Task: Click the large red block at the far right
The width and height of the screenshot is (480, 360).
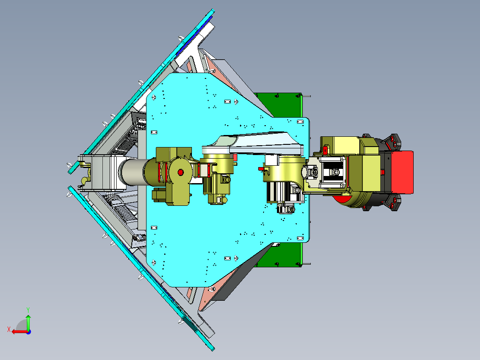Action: [402, 172]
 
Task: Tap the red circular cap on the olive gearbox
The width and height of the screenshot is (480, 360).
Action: [181, 172]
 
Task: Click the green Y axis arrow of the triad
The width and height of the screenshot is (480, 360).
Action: [28, 322]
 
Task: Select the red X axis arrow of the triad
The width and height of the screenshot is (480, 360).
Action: [20, 332]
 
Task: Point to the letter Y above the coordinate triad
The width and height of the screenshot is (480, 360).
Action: [28, 310]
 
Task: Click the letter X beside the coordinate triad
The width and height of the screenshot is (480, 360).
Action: [9, 330]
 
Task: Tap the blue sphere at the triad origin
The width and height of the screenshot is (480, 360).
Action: [28, 332]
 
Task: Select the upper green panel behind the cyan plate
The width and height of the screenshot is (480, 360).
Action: [279, 105]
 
